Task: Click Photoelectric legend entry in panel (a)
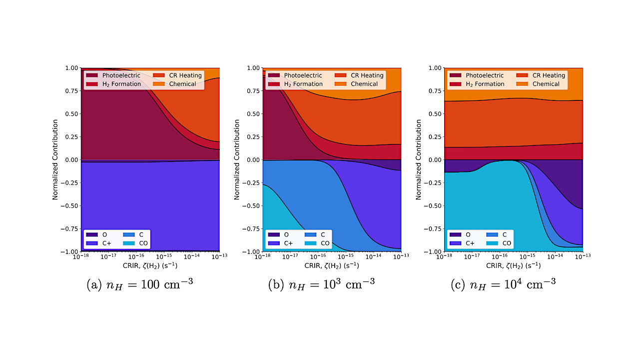click(x=114, y=75)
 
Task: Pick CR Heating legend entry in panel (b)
click(x=367, y=75)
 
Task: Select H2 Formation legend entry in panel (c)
click(x=485, y=84)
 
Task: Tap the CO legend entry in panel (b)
click(x=325, y=243)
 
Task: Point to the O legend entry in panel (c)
click(x=468, y=234)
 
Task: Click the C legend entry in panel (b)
click(x=322, y=234)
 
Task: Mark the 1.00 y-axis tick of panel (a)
click(x=71, y=67)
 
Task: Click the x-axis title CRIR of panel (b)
click(x=330, y=265)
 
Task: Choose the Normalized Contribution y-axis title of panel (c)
click(x=418, y=159)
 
